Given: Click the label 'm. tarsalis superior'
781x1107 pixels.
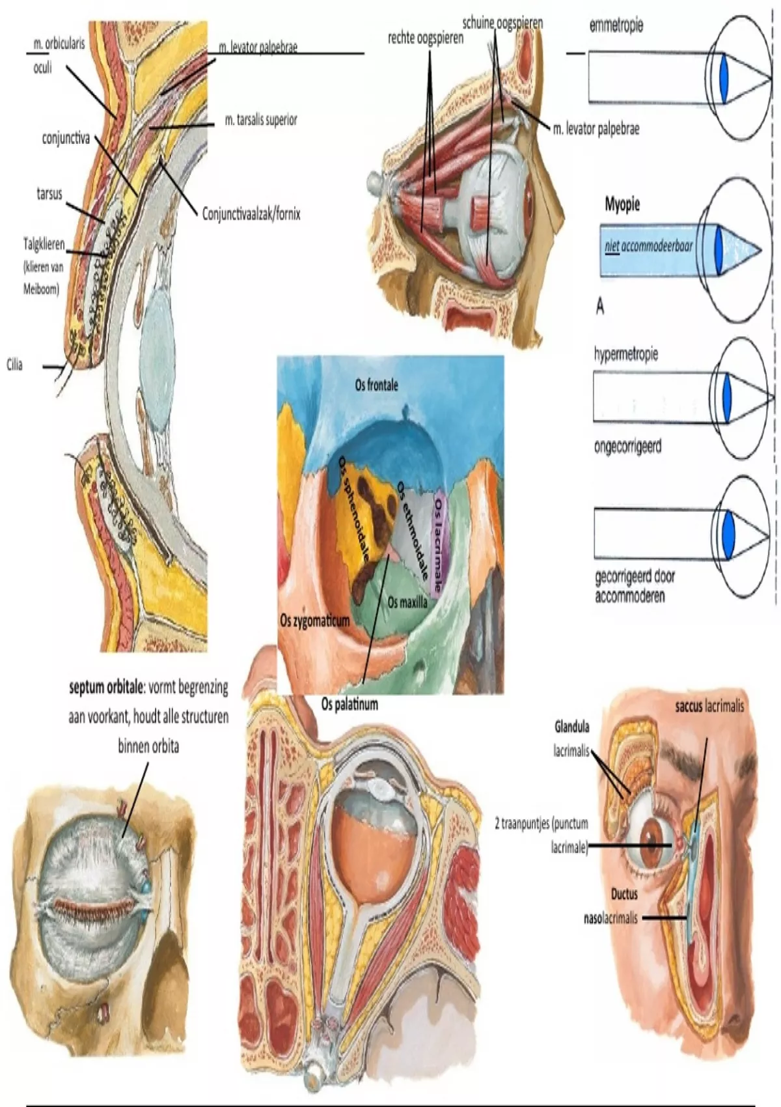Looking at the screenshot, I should click(x=261, y=120).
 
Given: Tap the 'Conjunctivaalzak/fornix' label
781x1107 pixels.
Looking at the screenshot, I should click(x=251, y=214).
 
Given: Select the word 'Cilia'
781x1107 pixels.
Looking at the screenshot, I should click(x=14, y=365).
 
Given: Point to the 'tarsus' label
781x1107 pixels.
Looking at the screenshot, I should click(x=49, y=193).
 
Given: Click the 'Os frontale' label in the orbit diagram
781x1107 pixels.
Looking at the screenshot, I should click(x=376, y=385).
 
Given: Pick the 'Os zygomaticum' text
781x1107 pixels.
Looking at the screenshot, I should click(x=314, y=621).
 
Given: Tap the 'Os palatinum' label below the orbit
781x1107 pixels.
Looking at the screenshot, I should click(x=349, y=704).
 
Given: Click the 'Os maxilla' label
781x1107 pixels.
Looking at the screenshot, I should click(x=407, y=602).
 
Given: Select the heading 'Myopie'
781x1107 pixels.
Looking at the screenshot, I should click(x=622, y=204).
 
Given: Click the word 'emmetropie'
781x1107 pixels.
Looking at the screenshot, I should click(x=616, y=25).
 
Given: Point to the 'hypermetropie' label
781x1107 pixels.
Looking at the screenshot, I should click(x=625, y=354).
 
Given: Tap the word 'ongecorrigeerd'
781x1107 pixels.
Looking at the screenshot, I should click(x=627, y=447).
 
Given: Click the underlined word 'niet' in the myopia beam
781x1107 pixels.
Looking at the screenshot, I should click(x=611, y=246).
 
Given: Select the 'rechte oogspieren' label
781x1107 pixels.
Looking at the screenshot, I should click(x=426, y=38).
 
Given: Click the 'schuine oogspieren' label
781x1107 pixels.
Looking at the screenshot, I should click(x=502, y=23).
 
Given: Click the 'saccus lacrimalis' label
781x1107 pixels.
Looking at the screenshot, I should click(x=709, y=705).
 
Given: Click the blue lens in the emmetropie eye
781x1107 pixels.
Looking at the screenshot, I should click(x=725, y=77).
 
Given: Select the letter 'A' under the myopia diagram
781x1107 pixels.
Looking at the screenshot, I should click(x=599, y=306).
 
